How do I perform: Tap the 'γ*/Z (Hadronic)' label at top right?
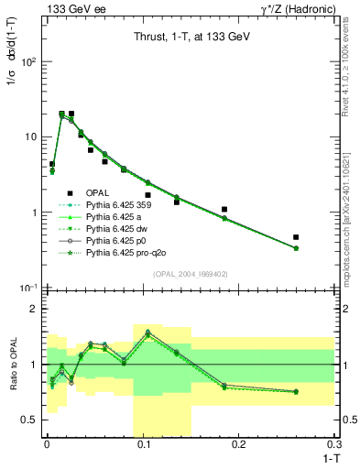tap(296, 8)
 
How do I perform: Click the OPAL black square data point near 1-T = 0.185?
tap(224, 210)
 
